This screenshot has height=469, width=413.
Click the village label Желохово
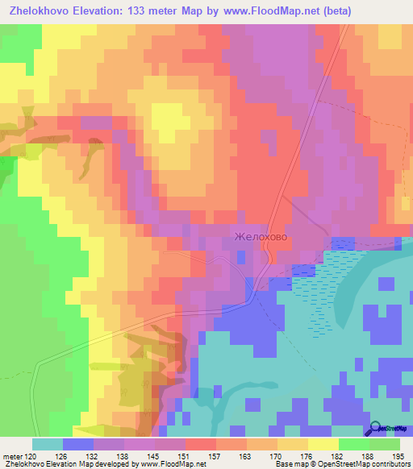pyautogui.click(x=260, y=238)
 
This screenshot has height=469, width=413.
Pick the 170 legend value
pyautogui.click(x=272, y=456)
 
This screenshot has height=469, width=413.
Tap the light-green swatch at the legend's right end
pyautogui.click(x=385, y=444)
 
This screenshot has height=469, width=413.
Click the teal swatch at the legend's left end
pyautogui.click(x=47, y=444)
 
